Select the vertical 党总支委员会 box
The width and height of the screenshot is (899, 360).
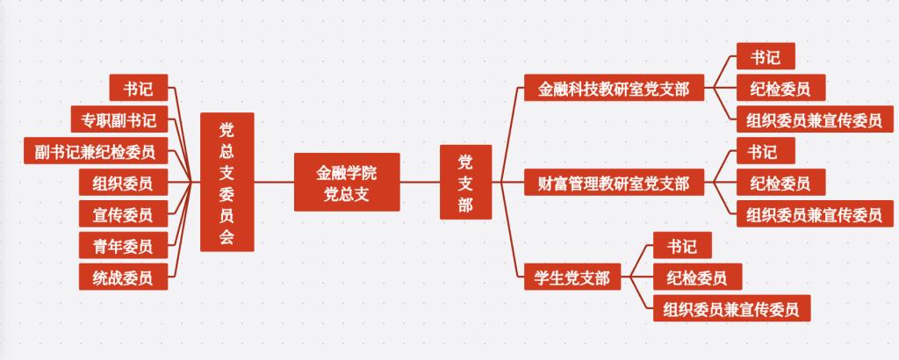click(227, 182)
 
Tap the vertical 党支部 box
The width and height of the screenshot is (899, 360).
click(465, 182)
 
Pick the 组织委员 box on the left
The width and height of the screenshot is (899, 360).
click(122, 183)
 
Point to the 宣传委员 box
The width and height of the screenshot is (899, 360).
click(122, 214)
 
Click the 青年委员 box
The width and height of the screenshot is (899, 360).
click(122, 246)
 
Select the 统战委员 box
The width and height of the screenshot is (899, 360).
click(122, 277)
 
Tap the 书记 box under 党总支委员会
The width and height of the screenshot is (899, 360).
click(138, 88)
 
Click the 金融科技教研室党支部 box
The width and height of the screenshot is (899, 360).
click(613, 88)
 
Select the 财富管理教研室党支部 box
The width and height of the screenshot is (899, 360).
click(613, 183)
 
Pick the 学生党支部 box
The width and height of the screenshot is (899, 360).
click(572, 277)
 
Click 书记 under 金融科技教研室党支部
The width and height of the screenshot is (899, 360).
click(766, 56)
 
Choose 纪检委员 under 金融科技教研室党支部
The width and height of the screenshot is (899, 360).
click(780, 88)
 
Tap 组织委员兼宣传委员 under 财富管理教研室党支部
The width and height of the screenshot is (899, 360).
click(814, 213)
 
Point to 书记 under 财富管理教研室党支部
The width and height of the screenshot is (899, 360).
click(766, 151)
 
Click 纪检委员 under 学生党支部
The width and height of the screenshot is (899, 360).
click(697, 277)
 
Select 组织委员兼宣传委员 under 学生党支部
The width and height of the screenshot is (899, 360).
click(730, 308)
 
